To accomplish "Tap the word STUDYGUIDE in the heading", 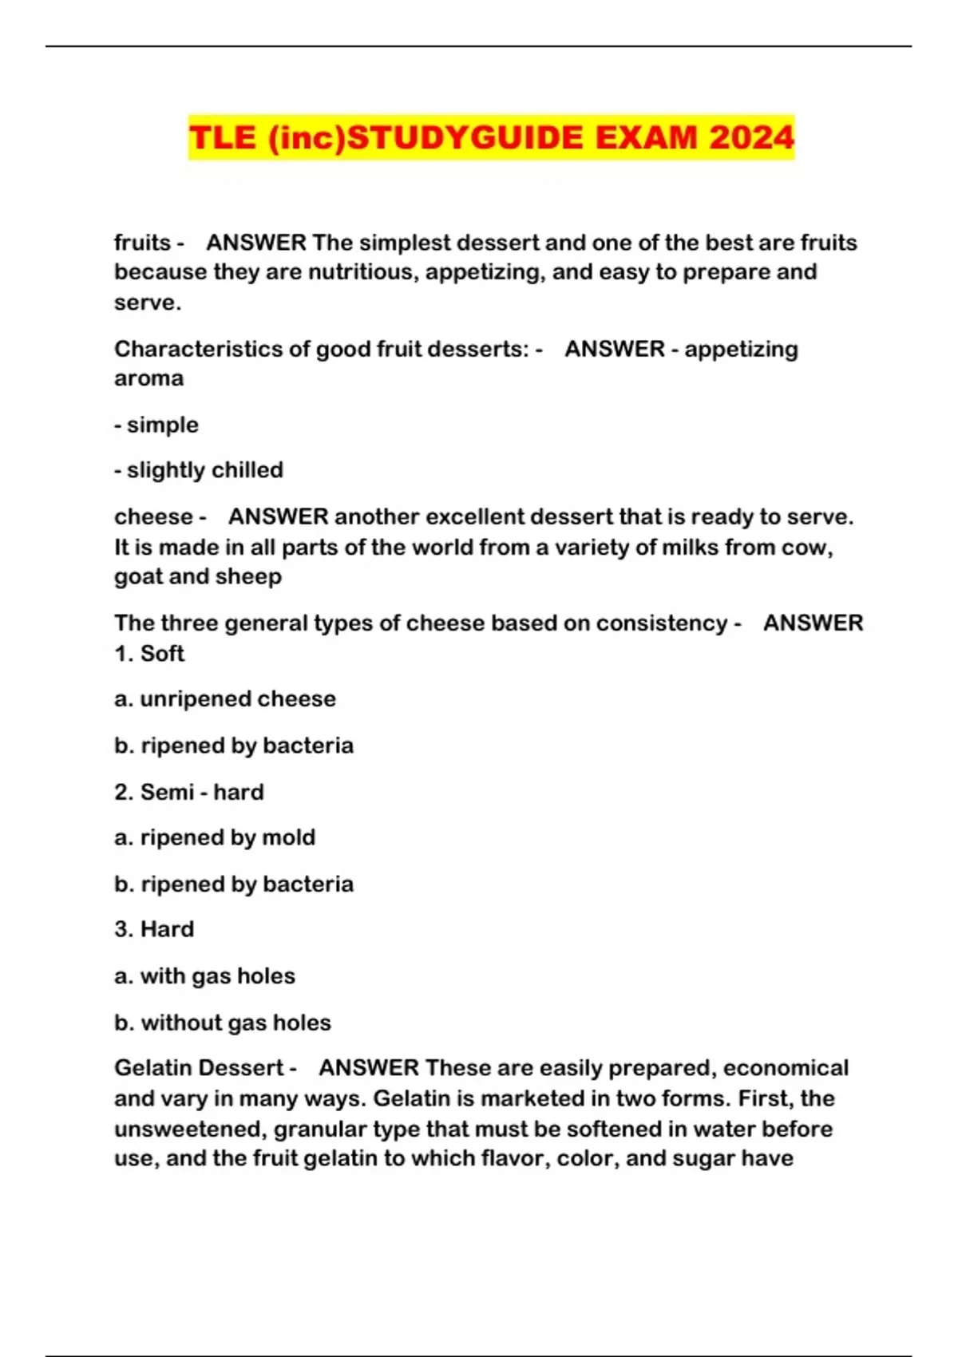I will click(466, 137).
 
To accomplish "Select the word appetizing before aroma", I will click(741, 349).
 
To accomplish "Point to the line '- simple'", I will click(156, 425).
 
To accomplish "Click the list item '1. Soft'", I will click(149, 653).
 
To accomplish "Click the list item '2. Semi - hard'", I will click(189, 792).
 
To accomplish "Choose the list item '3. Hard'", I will click(154, 929).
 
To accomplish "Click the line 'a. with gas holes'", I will click(204, 975).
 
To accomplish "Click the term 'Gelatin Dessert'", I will click(200, 1068).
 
